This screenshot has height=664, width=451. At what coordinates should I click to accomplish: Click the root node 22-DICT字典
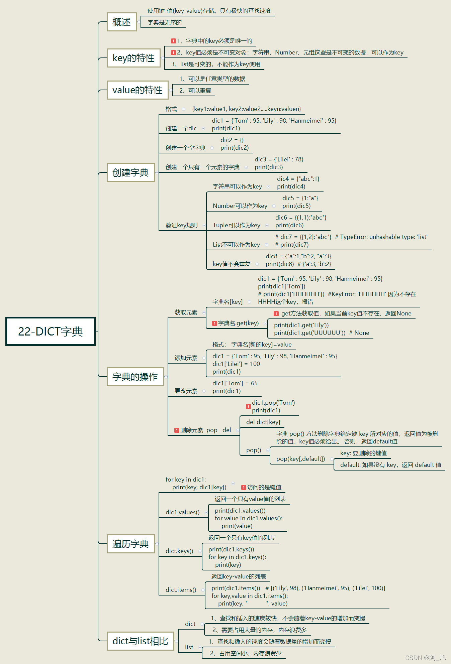click(x=51, y=331)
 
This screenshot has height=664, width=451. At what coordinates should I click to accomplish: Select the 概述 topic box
click(x=121, y=22)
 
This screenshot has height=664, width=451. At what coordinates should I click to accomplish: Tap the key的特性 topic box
click(x=133, y=58)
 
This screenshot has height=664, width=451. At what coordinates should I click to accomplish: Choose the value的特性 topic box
click(x=137, y=90)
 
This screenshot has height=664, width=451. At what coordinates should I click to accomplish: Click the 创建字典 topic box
click(x=130, y=172)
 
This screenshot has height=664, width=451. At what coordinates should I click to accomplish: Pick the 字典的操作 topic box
click(x=135, y=377)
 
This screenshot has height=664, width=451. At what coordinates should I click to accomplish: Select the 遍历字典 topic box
click(x=130, y=544)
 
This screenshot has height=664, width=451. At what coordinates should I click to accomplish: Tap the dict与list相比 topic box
click(x=140, y=641)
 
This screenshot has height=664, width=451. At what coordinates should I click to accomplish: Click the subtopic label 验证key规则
click(x=181, y=225)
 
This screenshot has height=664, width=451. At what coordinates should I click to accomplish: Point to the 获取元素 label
click(x=186, y=312)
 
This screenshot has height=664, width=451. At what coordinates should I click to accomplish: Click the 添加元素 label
click(x=186, y=358)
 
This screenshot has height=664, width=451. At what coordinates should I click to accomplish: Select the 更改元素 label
click(x=186, y=391)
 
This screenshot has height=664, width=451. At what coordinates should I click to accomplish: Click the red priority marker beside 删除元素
click(x=177, y=430)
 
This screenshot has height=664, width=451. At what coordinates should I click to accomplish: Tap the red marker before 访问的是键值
click(x=244, y=487)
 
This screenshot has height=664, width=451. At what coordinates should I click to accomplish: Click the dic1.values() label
click(x=182, y=512)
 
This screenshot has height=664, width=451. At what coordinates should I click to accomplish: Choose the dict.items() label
click(x=181, y=590)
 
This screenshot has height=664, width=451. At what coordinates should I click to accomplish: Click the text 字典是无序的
click(x=164, y=22)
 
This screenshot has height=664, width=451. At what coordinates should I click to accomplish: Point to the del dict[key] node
click(x=263, y=422)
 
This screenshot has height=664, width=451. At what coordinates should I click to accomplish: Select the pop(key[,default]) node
click(x=300, y=459)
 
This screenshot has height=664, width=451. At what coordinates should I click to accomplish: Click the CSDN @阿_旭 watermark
click(x=425, y=658)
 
